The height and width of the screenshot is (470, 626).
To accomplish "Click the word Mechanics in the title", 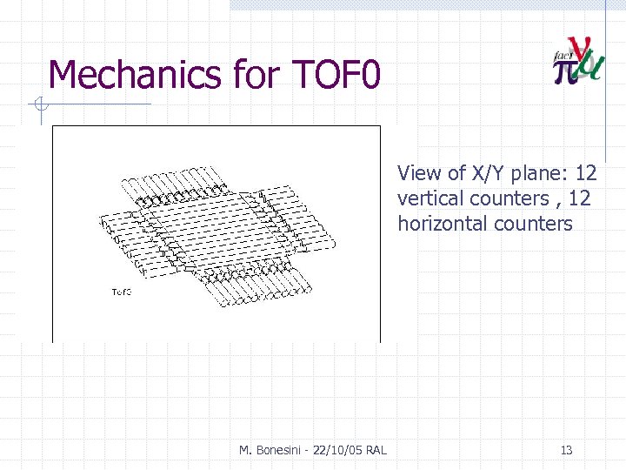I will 135,75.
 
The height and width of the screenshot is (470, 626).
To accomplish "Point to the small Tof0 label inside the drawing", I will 121,291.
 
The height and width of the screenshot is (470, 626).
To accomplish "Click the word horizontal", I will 443,224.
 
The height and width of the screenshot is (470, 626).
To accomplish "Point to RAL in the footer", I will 376,450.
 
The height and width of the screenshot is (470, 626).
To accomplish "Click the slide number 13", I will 566,450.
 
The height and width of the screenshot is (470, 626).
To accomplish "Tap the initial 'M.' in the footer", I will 246,450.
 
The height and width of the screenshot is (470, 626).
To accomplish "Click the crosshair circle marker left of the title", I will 39,106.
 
